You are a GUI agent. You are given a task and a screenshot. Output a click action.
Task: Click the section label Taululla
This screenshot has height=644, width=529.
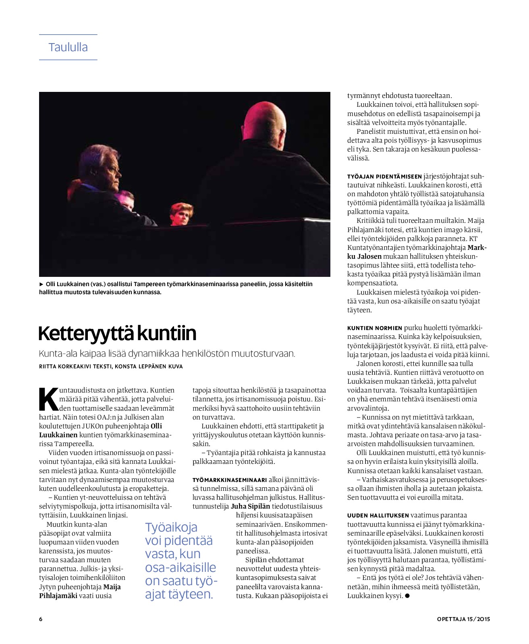click(68, 47)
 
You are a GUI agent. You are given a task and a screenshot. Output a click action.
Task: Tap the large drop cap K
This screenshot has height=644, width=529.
click(48, 399)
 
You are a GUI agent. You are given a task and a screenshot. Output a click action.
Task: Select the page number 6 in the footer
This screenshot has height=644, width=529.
click(41, 619)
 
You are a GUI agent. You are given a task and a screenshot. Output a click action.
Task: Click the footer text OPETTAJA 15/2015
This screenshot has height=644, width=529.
click(463, 619)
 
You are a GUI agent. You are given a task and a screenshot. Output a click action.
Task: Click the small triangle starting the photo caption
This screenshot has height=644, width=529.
click(41, 284)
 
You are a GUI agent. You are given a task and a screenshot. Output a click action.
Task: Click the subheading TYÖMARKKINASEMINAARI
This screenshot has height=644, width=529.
click(230, 480)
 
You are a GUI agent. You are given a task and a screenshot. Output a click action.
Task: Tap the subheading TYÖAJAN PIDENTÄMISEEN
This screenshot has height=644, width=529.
click(384, 177)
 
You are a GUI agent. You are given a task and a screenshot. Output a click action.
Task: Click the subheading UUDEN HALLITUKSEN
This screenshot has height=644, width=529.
click(378, 515)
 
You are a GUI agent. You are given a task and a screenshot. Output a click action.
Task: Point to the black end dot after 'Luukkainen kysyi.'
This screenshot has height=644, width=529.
click(407, 596)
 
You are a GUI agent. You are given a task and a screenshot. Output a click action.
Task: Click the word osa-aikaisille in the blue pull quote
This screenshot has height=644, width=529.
click(180, 567)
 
